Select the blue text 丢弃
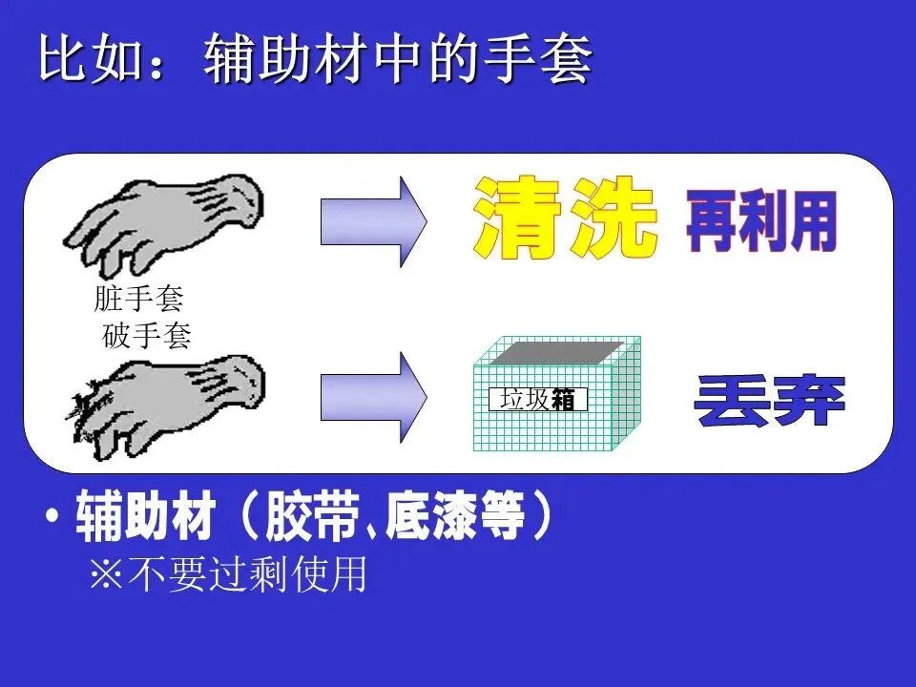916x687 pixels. click(770, 401)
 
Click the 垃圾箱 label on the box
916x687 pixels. click(537, 400)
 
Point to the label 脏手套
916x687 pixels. click(138, 300)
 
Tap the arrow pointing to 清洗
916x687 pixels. click(373, 221)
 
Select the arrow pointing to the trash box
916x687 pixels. click(373, 397)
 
